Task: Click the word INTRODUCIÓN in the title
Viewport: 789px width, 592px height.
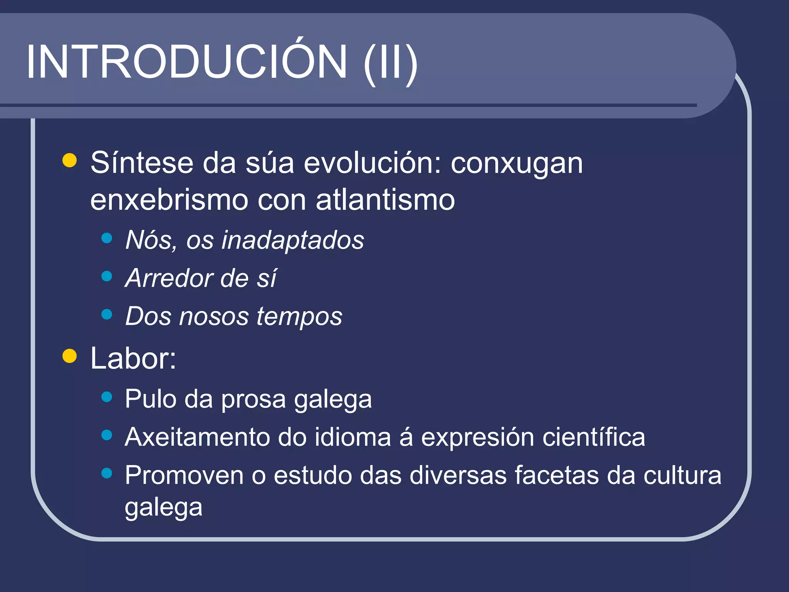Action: click(186, 62)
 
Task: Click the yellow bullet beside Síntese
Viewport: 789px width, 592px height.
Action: click(70, 160)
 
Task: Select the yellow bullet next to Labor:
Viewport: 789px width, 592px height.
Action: click(70, 356)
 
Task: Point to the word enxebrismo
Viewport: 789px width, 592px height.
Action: click(169, 200)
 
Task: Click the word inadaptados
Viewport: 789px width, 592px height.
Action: click(293, 240)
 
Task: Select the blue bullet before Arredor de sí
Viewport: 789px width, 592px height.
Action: click(107, 276)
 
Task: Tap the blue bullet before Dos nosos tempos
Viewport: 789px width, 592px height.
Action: click(107, 314)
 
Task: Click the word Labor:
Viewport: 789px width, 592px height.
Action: click(133, 358)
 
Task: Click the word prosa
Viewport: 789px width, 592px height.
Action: click(253, 399)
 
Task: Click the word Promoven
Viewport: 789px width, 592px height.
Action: click(184, 475)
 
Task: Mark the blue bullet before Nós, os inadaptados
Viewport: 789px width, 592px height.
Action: click(107, 238)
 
